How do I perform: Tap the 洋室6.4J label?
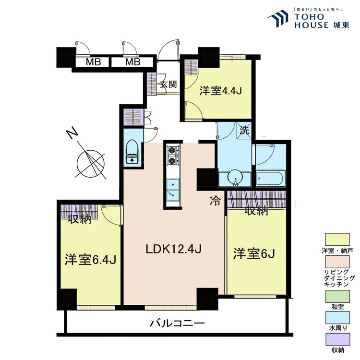coord(91,259)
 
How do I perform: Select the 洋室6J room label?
coord(254,253)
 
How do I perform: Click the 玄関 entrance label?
coord(168,85)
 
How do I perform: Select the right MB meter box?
coord(132,62)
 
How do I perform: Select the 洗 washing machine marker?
coord(245,129)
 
